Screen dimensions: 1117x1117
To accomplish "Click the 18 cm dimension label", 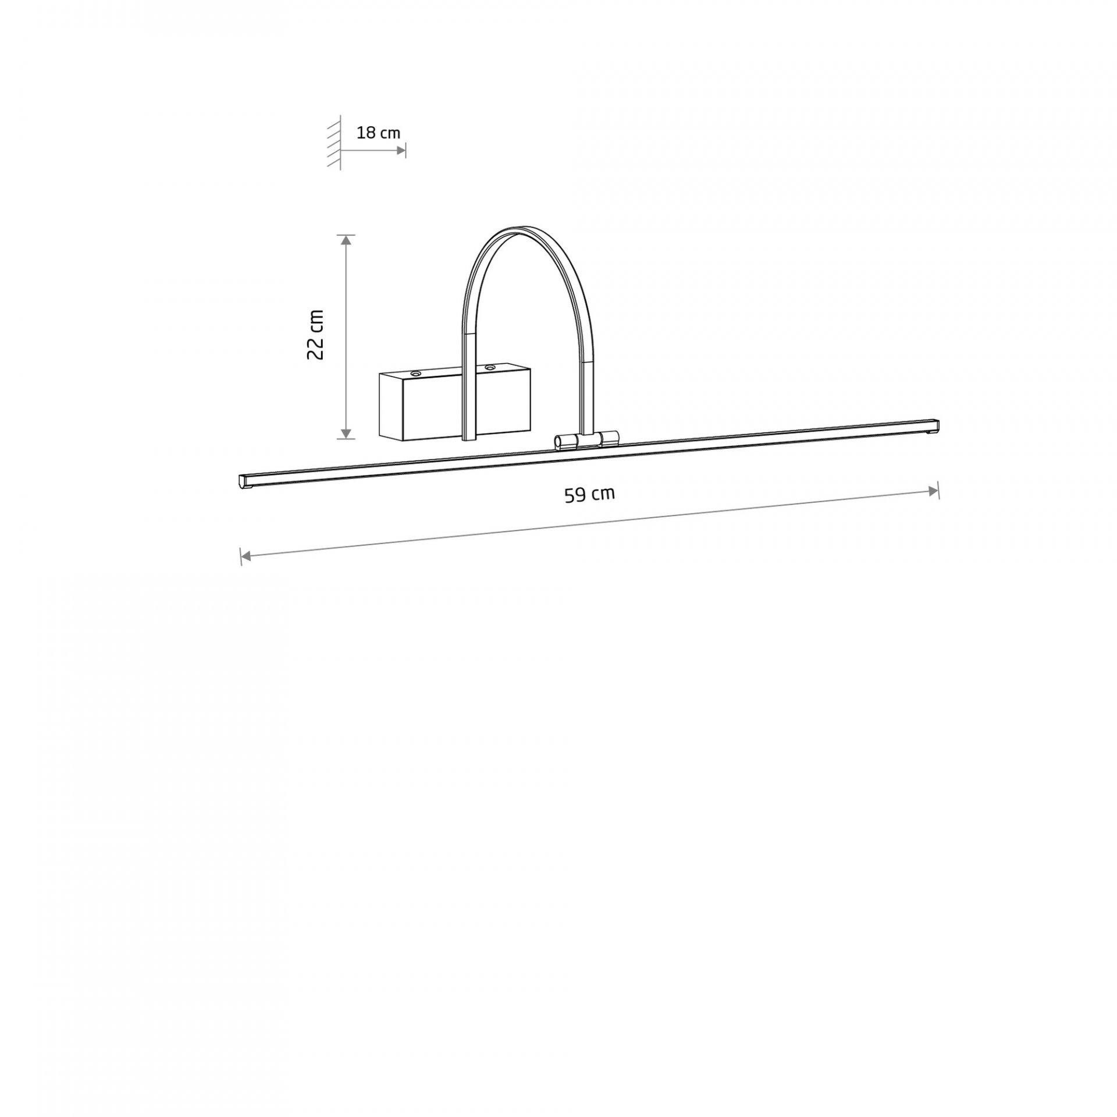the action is coord(378,133).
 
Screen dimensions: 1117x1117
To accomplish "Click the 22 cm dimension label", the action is coord(315,334).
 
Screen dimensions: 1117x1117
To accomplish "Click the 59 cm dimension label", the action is coord(589,494).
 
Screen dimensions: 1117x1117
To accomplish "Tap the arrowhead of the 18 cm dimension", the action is coord(401,150).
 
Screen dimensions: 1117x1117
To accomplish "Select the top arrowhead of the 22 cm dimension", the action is coord(346,240).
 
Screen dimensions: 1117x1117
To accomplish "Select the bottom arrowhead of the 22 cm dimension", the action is coord(346,434).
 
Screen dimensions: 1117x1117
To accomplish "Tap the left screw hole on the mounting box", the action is coord(415,373).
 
